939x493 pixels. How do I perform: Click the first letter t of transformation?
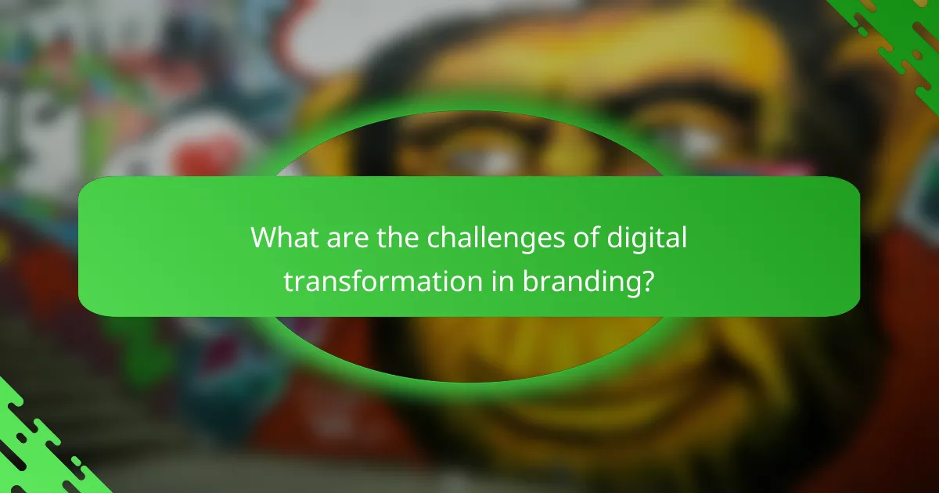288,282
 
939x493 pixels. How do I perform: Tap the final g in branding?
632,285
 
